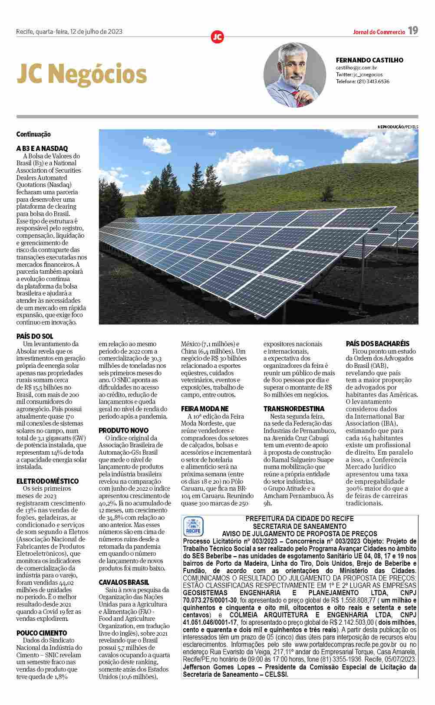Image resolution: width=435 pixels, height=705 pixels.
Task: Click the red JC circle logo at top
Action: [217, 37]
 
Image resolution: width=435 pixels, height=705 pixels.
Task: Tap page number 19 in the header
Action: [413, 31]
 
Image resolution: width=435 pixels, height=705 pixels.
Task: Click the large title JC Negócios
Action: [82, 74]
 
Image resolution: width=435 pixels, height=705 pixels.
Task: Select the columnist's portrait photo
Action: [295, 75]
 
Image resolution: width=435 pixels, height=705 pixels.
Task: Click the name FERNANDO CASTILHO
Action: [369, 60]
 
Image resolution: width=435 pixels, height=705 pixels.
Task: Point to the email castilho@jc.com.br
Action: [356, 68]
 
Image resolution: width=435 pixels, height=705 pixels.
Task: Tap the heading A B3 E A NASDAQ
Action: [42, 148]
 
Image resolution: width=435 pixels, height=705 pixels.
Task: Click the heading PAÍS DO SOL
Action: [35, 336]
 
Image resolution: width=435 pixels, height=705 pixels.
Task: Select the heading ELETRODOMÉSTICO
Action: [48, 481]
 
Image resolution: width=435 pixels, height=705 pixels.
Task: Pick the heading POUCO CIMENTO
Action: [42, 633]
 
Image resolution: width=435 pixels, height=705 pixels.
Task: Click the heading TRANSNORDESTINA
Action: [294, 409]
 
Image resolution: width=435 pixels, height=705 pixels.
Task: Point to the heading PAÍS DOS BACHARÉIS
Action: [377, 344]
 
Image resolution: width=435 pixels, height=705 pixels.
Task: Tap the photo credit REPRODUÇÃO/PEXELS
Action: [398, 126]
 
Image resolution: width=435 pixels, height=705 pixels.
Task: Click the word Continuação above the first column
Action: [33, 134]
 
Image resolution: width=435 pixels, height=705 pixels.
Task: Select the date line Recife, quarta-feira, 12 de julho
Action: [69, 31]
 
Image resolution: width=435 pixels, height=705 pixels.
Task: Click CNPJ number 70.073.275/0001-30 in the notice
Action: [210, 600]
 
